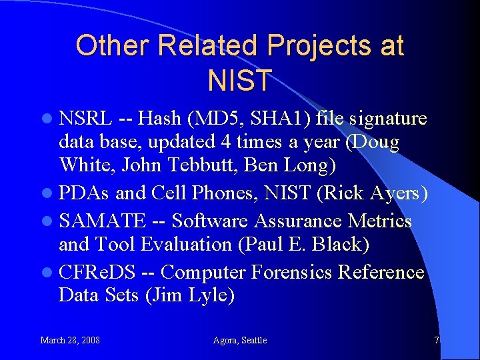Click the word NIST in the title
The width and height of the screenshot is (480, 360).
240,80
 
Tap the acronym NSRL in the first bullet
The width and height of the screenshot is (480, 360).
85,119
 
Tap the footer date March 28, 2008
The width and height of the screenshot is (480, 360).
70,341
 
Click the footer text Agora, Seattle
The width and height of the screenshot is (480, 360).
239,341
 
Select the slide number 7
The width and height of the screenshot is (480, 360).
437,341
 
